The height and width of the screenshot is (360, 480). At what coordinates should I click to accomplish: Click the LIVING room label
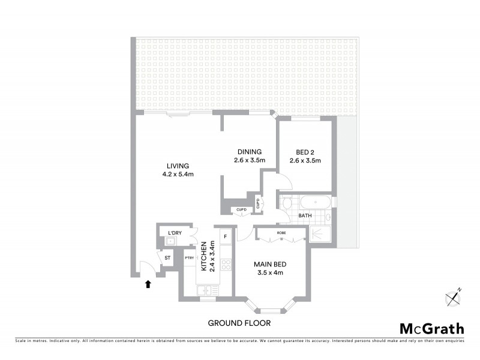click(178, 166)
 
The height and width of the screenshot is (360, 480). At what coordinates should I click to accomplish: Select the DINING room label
click(249, 152)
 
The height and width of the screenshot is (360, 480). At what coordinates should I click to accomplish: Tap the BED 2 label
click(305, 152)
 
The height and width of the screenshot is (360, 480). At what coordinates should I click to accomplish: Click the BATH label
click(305, 215)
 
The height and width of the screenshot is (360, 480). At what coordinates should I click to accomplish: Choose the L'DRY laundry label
click(175, 232)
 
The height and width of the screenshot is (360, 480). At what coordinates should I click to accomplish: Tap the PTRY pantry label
click(189, 258)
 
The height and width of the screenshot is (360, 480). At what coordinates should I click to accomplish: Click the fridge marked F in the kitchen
click(226, 236)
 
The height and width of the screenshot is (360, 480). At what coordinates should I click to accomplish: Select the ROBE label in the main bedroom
click(281, 232)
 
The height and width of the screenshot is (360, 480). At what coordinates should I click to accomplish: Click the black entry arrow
click(148, 284)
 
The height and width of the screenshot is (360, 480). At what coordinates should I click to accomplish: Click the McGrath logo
click(431, 328)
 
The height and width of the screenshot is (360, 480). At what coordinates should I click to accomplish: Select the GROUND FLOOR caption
click(239, 323)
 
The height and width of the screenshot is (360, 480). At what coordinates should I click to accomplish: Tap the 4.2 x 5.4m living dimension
click(178, 175)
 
